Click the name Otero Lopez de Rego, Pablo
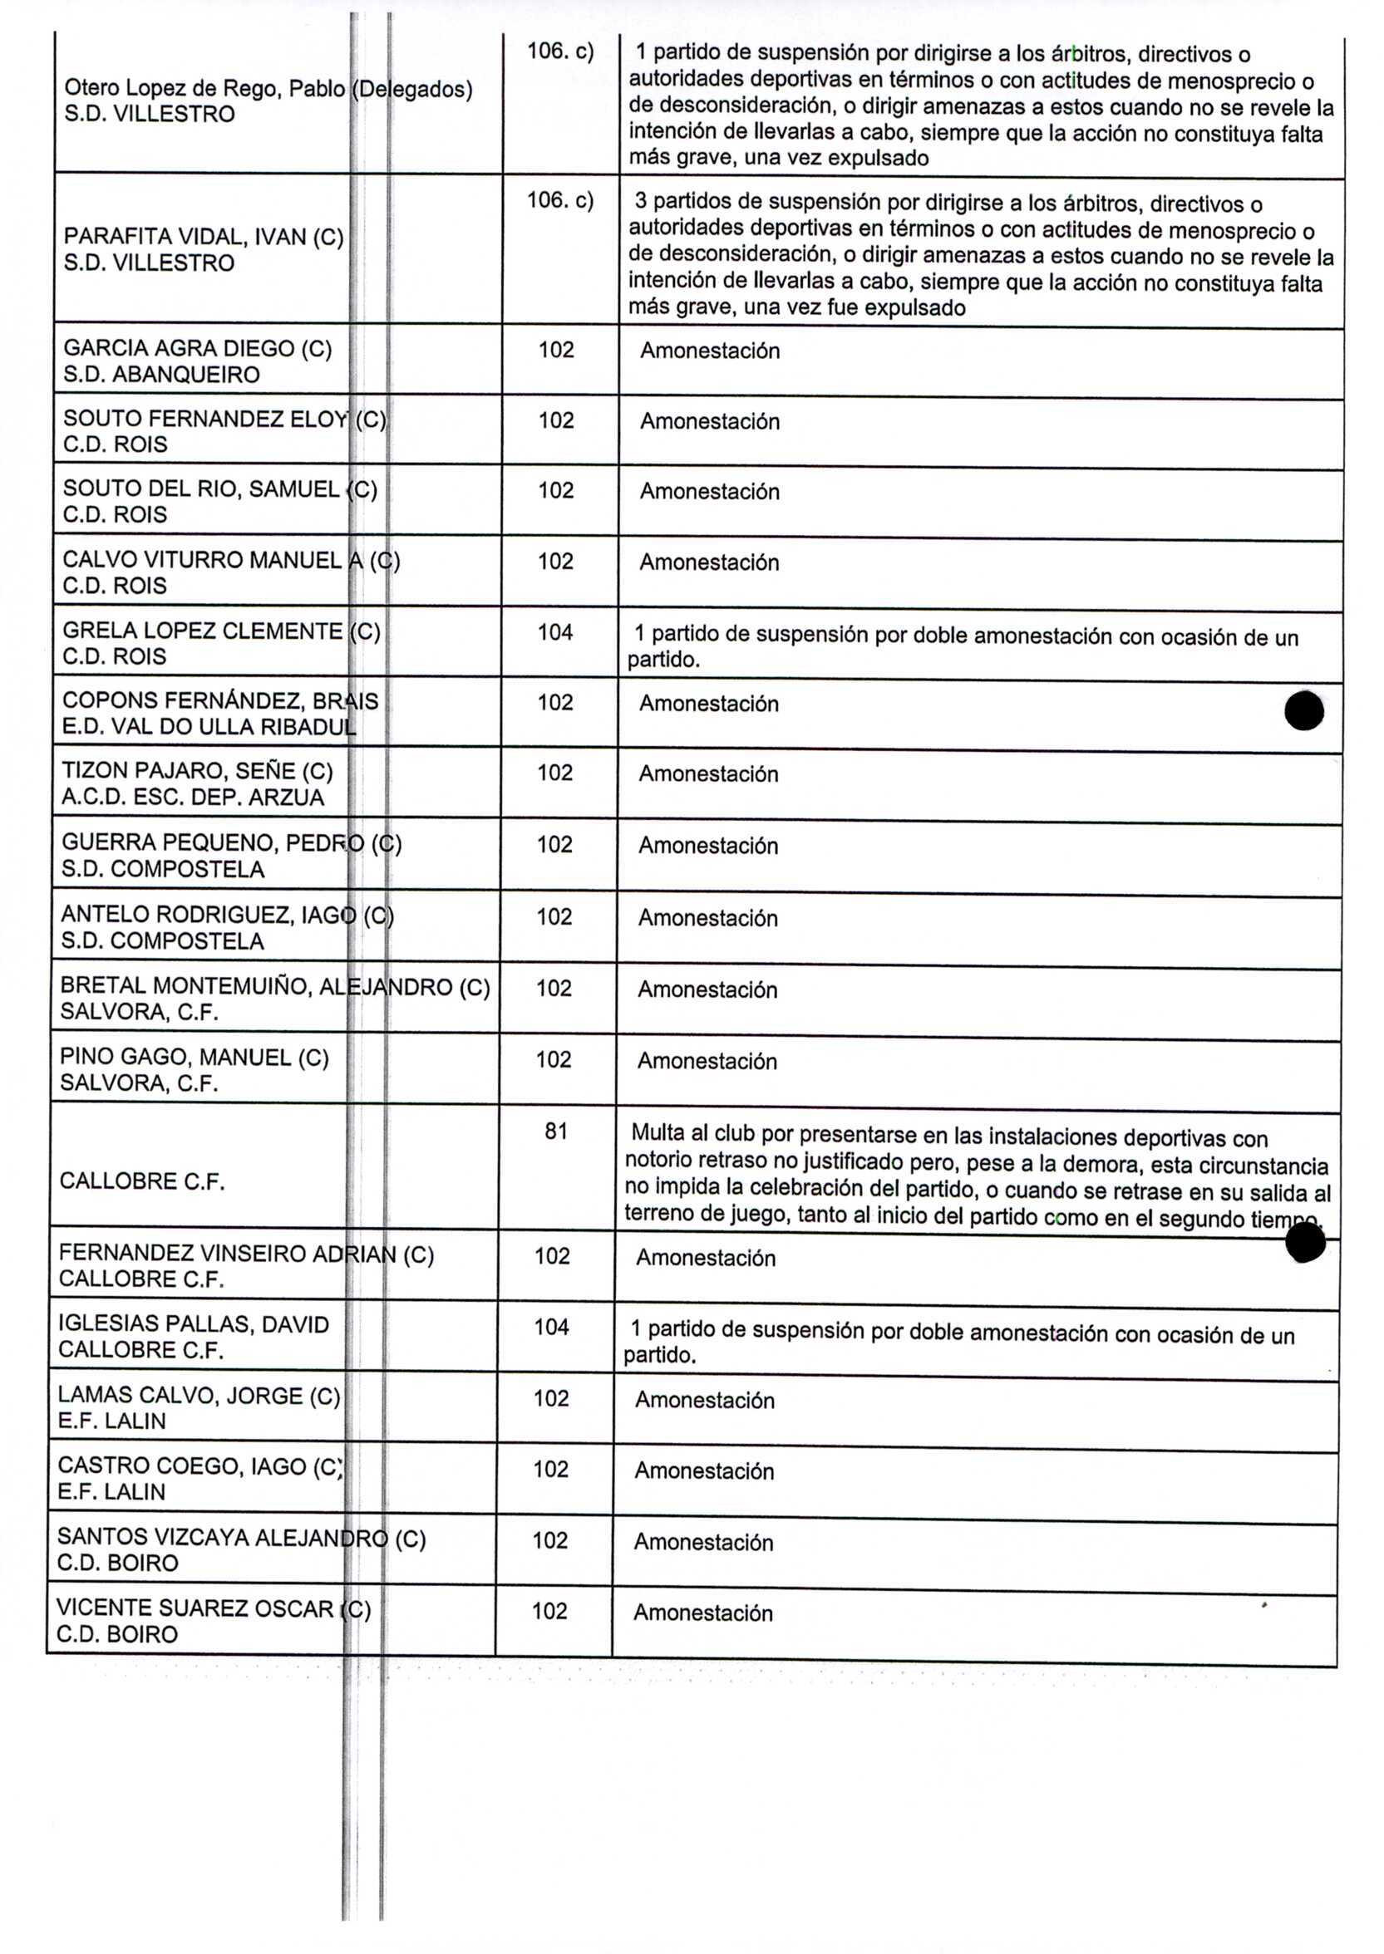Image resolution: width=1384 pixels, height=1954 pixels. pyautogui.click(x=204, y=89)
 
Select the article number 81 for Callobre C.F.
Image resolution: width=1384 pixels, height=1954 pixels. pyautogui.click(x=555, y=1132)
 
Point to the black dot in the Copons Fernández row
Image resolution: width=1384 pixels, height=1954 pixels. pyautogui.click(x=1304, y=711)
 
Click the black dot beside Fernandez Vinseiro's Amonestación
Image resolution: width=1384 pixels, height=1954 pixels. pyautogui.click(x=1305, y=1245)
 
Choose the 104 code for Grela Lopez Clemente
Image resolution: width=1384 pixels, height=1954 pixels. pyautogui.click(x=554, y=632)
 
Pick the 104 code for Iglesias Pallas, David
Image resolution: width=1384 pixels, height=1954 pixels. pyautogui.click(x=551, y=1326)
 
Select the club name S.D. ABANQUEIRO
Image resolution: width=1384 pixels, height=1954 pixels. pyautogui.click(x=161, y=374)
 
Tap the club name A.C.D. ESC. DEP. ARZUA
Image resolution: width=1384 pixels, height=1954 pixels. pyautogui.click(x=193, y=798)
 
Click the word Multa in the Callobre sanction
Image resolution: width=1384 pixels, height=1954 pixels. pyautogui.click(x=657, y=1133)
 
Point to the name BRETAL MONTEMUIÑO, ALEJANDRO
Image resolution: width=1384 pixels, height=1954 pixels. pyautogui.click(x=256, y=986)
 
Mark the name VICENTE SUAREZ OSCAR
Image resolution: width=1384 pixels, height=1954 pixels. pyautogui.click(x=195, y=1608)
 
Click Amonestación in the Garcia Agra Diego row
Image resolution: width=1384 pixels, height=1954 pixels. pyautogui.click(x=710, y=351)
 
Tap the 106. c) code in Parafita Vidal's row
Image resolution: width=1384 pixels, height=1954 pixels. pyautogui.click(x=560, y=200)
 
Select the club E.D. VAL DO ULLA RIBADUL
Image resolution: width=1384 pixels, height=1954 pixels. pyautogui.click(x=209, y=727)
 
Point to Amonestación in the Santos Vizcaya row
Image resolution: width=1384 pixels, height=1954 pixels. pyautogui.click(x=703, y=1542)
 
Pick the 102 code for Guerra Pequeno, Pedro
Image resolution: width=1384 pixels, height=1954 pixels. pyautogui.click(x=554, y=844)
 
